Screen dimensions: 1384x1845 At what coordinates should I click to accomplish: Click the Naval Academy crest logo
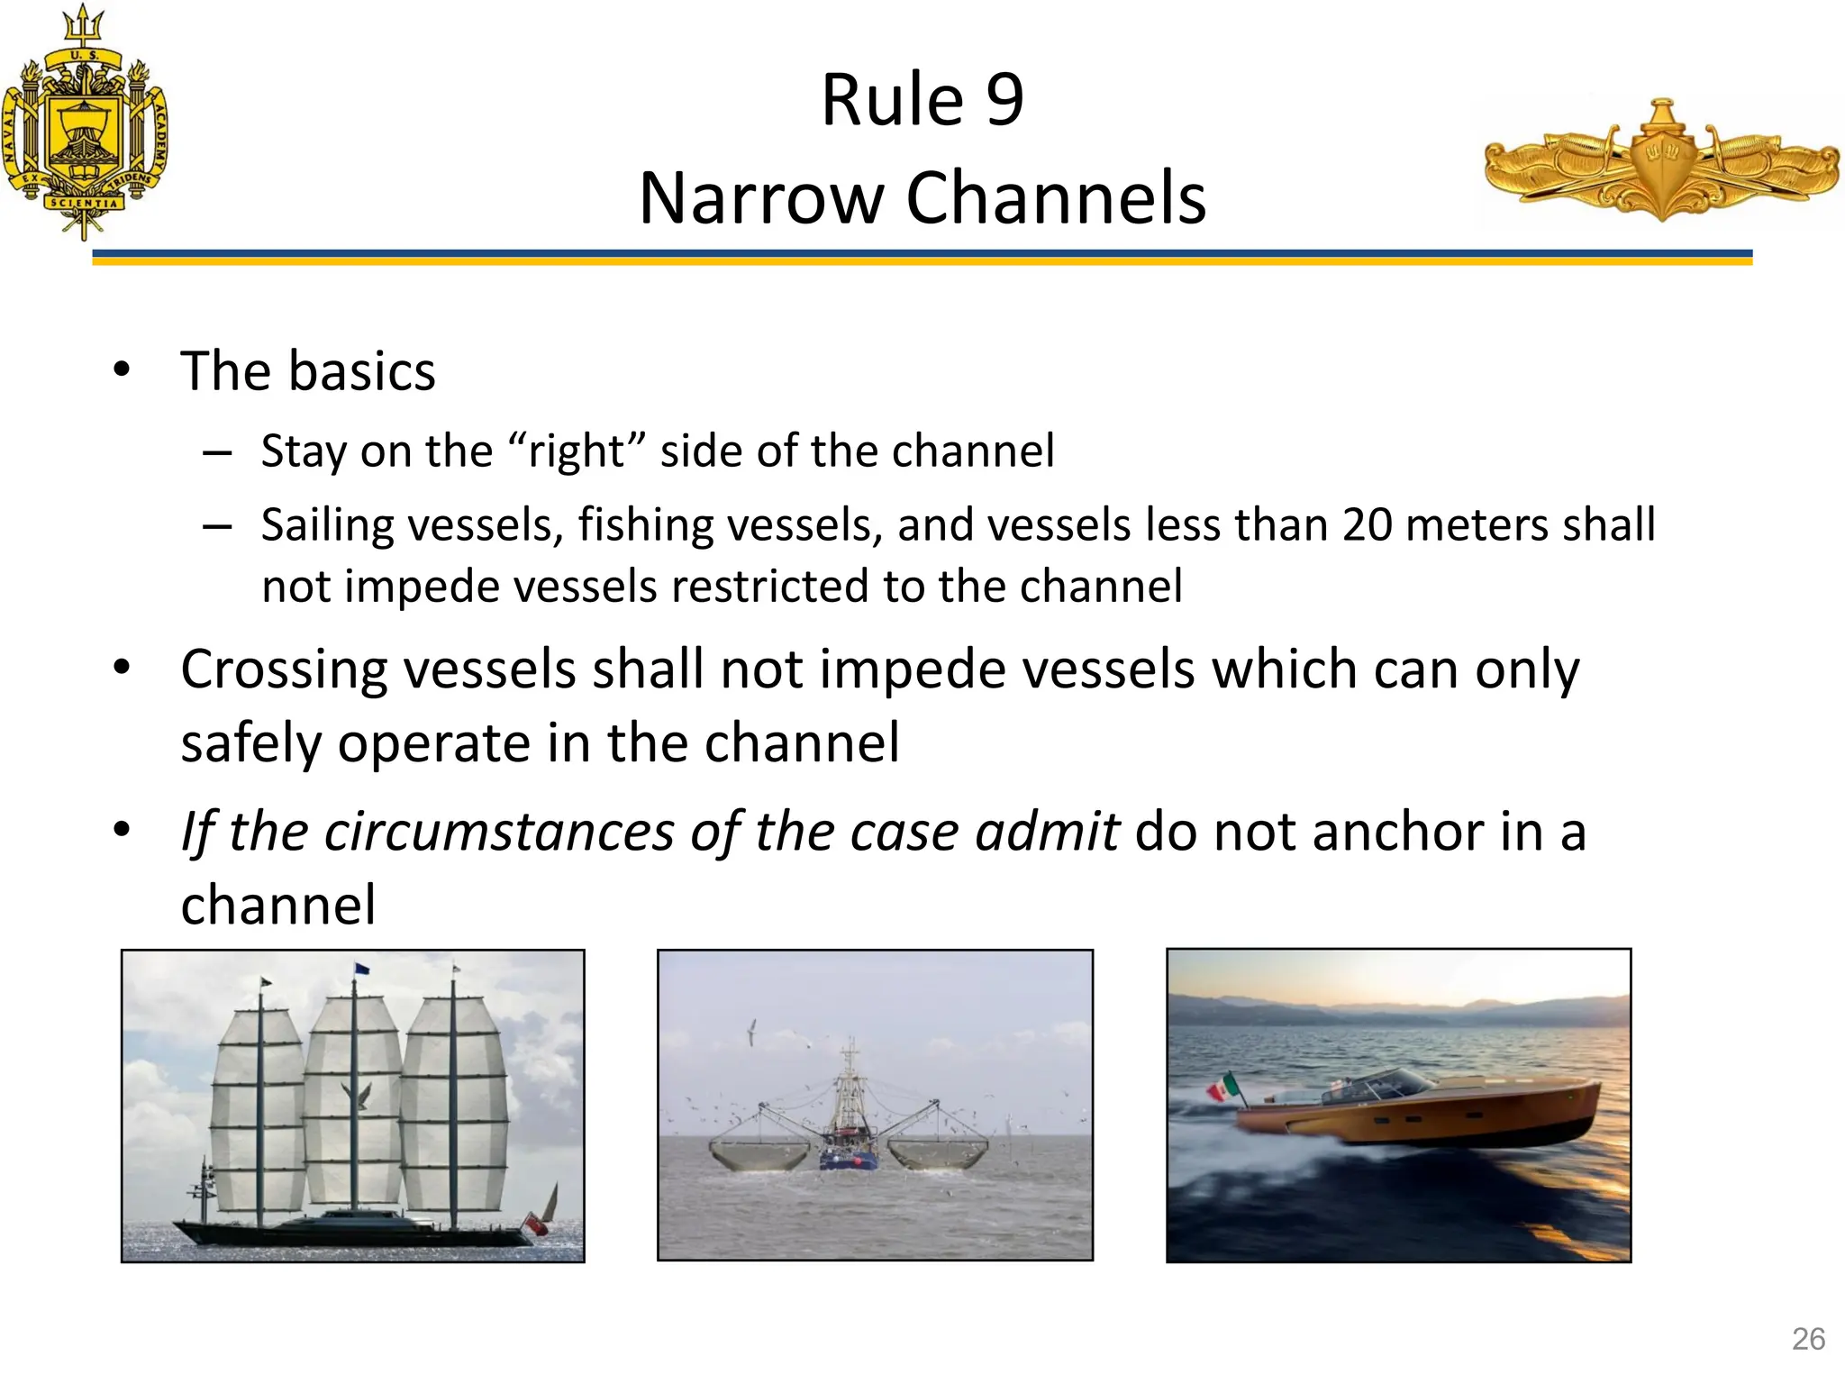(84, 126)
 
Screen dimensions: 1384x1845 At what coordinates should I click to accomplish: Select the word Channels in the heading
(1056, 198)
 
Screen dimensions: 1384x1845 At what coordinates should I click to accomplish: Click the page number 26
(1808, 1339)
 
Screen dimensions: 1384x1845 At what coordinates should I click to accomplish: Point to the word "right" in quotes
(577, 451)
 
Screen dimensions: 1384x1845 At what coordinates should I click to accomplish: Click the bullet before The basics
(122, 370)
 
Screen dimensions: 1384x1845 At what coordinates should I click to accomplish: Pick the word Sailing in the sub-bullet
(328, 525)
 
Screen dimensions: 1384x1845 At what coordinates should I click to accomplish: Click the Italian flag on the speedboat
(1222, 1087)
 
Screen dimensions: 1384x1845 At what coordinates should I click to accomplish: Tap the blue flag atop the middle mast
(361, 969)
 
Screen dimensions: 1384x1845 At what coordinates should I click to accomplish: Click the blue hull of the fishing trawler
(848, 1161)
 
